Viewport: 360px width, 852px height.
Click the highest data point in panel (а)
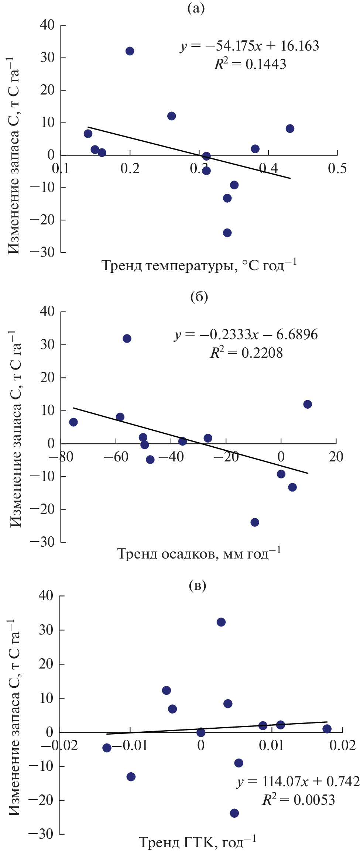(x=130, y=51)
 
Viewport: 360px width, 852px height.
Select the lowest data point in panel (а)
(x=227, y=233)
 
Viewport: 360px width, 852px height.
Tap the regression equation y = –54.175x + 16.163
(x=250, y=46)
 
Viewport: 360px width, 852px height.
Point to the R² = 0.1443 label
(x=250, y=64)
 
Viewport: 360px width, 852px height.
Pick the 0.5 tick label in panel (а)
(x=337, y=168)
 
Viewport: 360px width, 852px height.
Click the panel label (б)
(x=199, y=296)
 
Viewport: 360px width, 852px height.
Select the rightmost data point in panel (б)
(x=307, y=404)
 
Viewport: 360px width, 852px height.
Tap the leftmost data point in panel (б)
(x=73, y=422)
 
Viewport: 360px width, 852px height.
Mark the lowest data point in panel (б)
(x=255, y=522)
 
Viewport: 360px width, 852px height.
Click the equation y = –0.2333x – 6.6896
(x=246, y=335)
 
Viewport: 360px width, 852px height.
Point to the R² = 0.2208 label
(x=246, y=353)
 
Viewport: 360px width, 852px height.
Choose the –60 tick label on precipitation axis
(x=116, y=457)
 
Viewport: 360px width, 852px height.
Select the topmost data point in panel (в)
(x=221, y=622)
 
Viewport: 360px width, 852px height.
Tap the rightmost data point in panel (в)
(x=327, y=729)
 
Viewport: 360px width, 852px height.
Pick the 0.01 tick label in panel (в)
(x=271, y=745)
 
